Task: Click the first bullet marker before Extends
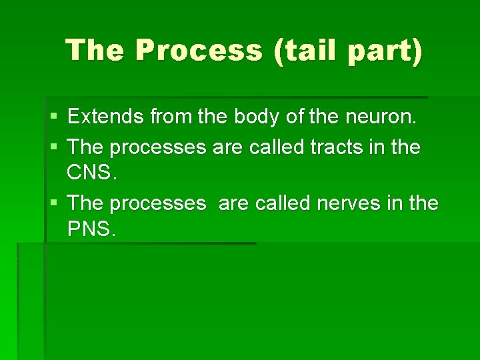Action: point(53,118)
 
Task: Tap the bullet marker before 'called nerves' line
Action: point(53,203)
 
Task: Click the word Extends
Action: point(105,117)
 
